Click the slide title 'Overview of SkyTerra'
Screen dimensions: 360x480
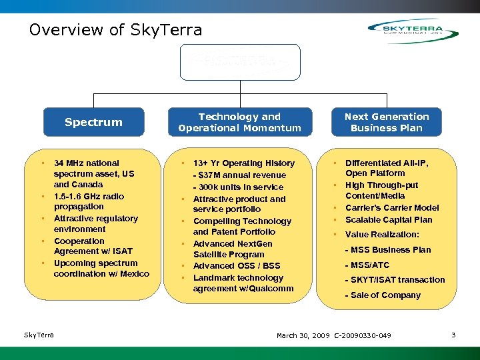(x=115, y=30)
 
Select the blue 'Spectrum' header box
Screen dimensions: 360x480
(x=93, y=122)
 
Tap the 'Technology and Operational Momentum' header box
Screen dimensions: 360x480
(x=239, y=122)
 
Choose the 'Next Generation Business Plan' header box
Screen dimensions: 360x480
(x=387, y=122)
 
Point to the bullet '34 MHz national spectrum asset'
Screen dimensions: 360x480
(x=93, y=173)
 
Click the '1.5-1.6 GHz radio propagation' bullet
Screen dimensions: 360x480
(x=89, y=201)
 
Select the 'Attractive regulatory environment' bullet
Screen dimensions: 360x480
(x=95, y=223)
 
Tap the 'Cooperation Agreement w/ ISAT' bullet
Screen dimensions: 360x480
(x=93, y=246)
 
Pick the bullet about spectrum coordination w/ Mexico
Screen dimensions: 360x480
(x=101, y=269)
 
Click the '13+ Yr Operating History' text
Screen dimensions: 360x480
(x=243, y=163)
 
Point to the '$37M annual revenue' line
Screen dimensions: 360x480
(x=239, y=175)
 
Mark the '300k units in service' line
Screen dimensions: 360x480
(x=238, y=187)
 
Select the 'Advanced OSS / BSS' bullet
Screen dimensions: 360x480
(x=236, y=266)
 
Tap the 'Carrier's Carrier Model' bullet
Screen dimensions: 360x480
(x=392, y=208)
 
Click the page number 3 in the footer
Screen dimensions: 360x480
(x=453, y=335)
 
